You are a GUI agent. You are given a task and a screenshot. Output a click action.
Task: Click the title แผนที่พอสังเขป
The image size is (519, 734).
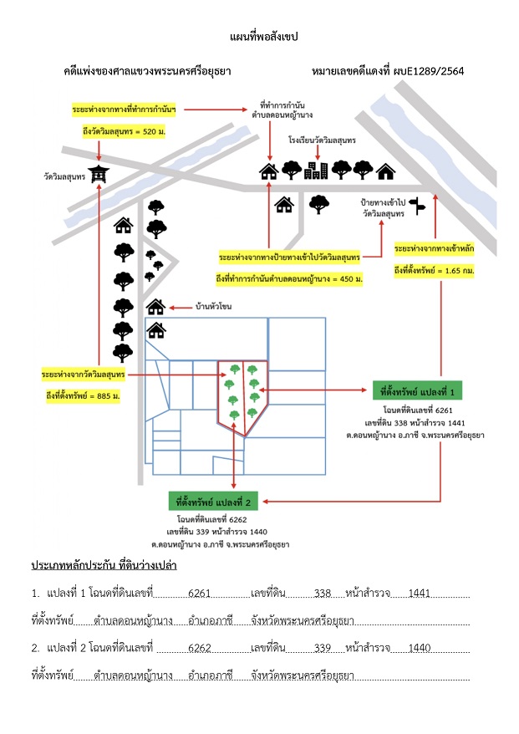264,37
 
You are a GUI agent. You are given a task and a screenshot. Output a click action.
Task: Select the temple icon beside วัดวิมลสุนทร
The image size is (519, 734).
99,174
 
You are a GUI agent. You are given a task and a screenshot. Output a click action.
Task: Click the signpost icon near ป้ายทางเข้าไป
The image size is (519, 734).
417,206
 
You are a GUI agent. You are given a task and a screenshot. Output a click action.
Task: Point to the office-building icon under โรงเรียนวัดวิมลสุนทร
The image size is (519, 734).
317,171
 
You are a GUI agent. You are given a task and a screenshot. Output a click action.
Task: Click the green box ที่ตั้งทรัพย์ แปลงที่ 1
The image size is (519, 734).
417,391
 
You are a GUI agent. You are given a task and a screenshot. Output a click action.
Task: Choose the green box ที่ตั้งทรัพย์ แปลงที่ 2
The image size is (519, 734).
213,502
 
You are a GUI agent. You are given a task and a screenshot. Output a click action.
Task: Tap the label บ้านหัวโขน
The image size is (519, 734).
213,307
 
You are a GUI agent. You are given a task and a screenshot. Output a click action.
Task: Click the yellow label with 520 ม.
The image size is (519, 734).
124,131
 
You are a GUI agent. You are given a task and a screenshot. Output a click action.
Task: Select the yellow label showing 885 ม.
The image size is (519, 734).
83,396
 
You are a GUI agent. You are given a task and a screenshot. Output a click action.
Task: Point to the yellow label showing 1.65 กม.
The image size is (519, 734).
434,271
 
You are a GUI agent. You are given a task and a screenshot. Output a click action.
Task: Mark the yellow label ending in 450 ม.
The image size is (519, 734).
289,279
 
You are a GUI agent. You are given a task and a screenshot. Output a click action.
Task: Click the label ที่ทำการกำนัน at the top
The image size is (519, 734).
282,104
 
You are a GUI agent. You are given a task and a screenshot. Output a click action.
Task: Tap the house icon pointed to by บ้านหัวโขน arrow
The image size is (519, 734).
155,308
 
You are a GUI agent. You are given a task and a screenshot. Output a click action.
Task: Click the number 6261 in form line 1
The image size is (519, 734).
200,593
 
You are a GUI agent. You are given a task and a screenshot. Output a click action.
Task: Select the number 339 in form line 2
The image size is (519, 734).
323,648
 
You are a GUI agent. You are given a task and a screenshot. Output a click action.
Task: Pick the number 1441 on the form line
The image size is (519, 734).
420,593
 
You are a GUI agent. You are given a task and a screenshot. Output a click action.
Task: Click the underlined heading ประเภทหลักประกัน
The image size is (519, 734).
74,565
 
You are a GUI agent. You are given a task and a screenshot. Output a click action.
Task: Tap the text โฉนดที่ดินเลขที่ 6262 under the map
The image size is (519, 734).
212,520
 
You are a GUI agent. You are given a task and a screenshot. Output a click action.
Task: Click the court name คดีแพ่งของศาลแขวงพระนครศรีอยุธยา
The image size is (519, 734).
147,71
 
